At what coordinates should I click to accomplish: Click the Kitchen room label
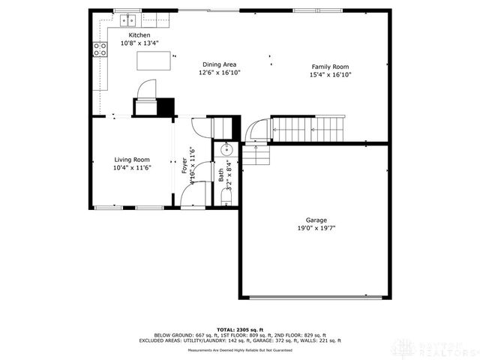pos(139,35)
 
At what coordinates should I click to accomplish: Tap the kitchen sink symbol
pos(130,19)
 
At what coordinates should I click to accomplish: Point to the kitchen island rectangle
pos(153,61)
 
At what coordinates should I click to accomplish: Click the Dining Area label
pos(219,65)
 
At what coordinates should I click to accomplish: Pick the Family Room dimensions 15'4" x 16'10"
pos(331,75)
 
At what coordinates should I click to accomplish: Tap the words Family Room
pos(331,67)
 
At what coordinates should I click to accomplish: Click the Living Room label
pos(132,160)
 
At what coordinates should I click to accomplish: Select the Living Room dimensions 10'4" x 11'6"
pos(132,168)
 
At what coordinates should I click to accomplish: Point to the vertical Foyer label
pos(184,166)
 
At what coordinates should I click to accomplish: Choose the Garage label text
pos(316,220)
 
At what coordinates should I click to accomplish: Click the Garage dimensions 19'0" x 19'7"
pos(316,228)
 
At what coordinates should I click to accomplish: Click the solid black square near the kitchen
pos(165,107)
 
